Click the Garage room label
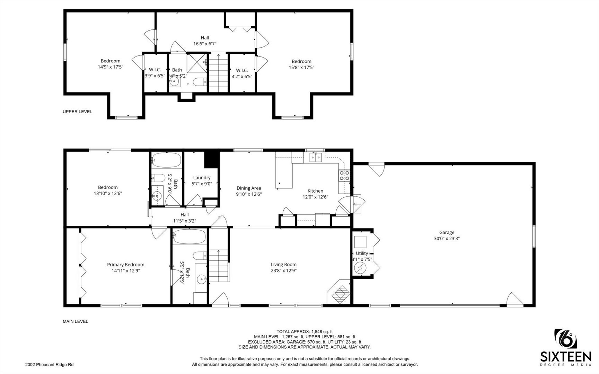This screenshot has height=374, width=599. (x=446, y=232)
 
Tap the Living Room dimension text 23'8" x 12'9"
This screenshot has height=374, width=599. (x=283, y=271)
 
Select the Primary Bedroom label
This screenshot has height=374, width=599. (x=125, y=265)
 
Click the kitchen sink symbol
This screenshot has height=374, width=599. (x=316, y=158)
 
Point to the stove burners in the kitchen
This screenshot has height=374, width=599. (x=344, y=176)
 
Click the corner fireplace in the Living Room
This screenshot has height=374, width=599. (x=339, y=292)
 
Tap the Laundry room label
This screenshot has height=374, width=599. (x=202, y=178)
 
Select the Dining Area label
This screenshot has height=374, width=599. (x=249, y=188)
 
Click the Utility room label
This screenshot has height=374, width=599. (x=362, y=253)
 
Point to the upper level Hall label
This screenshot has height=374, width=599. (x=205, y=38)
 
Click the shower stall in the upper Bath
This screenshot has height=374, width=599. (x=196, y=62)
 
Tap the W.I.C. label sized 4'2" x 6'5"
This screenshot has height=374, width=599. (x=242, y=70)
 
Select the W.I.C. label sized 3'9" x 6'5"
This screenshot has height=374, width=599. (x=155, y=70)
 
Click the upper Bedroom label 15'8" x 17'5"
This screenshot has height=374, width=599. (x=301, y=61)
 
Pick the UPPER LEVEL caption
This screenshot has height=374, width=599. (x=77, y=112)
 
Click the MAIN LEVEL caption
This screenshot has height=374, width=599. (x=75, y=321)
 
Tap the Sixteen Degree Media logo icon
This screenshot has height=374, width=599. (x=565, y=339)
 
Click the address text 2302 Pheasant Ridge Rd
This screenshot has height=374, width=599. (x=49, y=364)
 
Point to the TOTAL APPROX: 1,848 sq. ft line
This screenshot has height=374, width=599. (x=305, y=331)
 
